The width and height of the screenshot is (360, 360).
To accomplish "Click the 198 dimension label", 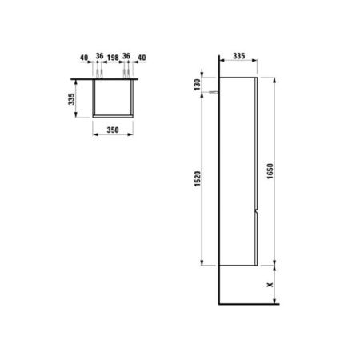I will (112, 58).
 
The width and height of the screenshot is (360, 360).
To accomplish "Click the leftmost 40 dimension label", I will (82, 58).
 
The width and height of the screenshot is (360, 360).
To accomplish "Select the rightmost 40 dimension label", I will (142, 58).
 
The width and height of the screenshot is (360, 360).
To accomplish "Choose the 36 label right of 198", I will (127, 58).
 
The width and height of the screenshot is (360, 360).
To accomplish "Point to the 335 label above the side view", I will (238, 58).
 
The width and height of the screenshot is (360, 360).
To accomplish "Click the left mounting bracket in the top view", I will (98, 74).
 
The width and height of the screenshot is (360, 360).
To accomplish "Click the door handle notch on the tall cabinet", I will (254, 211).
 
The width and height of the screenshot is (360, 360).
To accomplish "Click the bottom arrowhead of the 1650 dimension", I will (275, 263).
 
